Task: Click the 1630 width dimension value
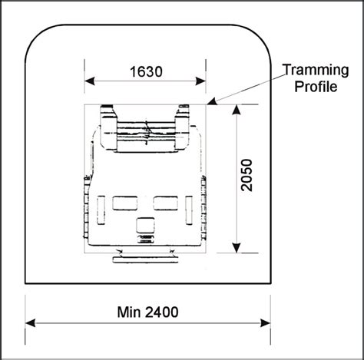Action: [x=146, y=72]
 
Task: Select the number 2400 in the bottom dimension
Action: [x=165, y=312]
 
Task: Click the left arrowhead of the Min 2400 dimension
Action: [x=30, y=322]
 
